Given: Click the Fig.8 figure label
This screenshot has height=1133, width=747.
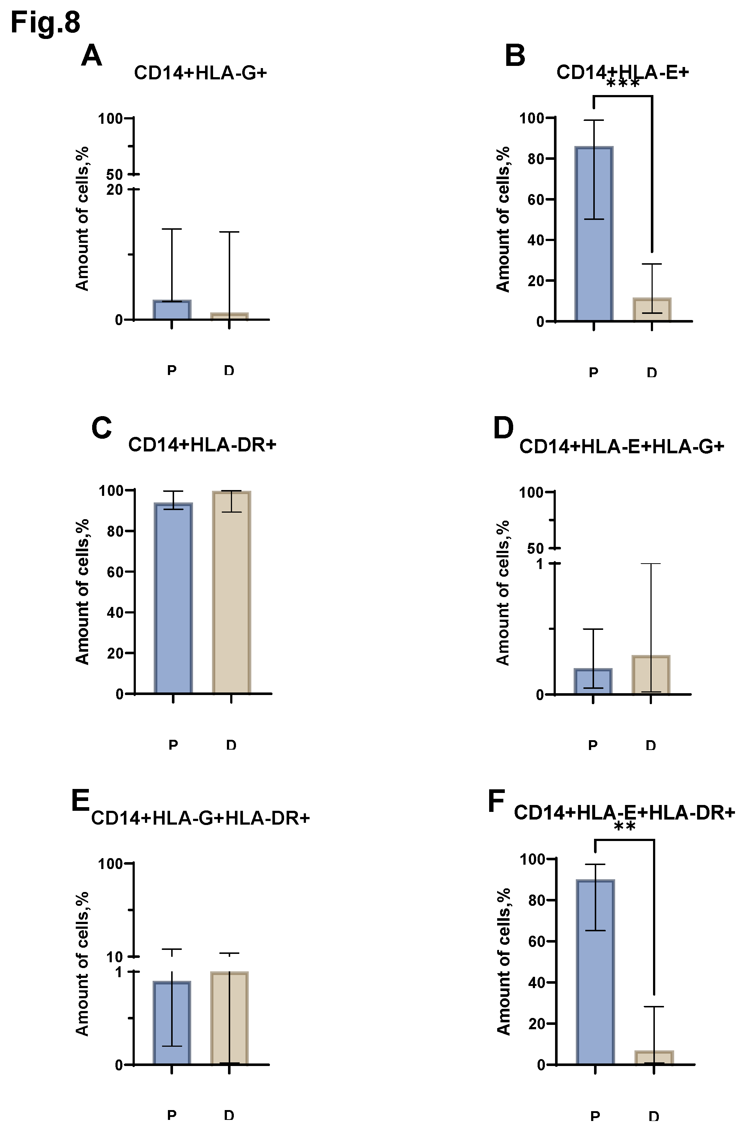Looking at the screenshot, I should click(x=45, y=22).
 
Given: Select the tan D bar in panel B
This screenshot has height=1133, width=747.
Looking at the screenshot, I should click(x=652, y=309).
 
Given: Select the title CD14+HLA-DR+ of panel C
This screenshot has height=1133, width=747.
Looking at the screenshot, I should click(x=202, y=444).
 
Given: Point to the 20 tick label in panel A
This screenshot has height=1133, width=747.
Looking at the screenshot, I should click(x=114, y=190).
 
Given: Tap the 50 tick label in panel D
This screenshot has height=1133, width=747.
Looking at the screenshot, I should click(x=535, y=549).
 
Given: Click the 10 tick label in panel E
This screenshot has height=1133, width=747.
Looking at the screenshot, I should click(x=115, y=957).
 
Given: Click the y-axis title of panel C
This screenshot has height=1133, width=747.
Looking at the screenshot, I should click(x=82, y=591).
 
